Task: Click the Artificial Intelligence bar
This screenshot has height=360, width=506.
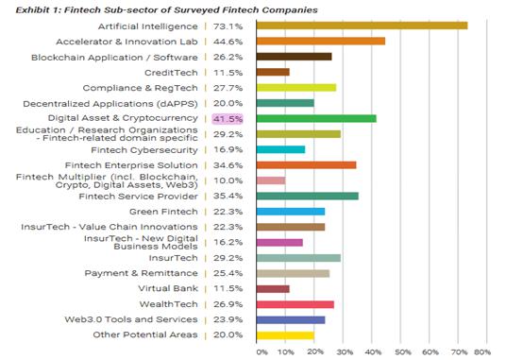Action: (x=362, y=26)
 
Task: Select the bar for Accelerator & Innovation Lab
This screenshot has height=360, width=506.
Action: (x=321, y=41)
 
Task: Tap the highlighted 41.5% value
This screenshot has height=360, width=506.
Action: (x=228, y=119)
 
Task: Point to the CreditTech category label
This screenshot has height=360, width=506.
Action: (x=171, y=73)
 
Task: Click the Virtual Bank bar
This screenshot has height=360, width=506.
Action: (x=273, y=288)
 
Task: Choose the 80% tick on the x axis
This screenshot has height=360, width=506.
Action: (x=482, y=351)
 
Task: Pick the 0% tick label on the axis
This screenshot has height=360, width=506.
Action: (x=261, y=351)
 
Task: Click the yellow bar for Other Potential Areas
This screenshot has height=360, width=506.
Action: (x=285, y=335)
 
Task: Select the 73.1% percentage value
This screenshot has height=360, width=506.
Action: (x=228, y=26)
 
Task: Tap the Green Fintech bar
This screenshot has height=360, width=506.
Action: (x=291, y=212)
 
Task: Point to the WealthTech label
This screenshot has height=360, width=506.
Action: (x=168, y=304)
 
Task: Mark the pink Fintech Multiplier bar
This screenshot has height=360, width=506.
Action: (x=271, y=180)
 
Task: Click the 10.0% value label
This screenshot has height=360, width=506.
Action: (x=228, y=180)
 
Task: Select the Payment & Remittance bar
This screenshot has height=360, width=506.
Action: (x=293, y=273)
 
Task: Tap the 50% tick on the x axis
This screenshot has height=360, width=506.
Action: (x=403, y=351)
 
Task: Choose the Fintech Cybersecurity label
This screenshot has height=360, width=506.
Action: (x=144, y=150)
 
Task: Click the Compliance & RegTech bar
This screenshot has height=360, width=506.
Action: (x=296, y=88)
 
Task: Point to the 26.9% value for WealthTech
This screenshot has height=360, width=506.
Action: (x=228, y=304)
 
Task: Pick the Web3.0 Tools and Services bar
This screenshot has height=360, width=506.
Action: (x=291, y=320)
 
